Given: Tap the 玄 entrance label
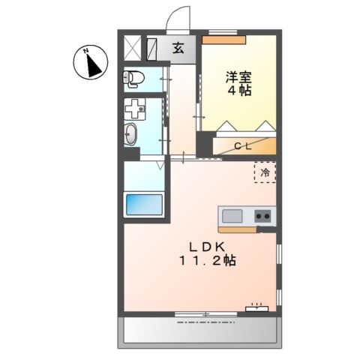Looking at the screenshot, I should [179, 49].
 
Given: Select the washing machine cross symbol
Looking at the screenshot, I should [134, 109].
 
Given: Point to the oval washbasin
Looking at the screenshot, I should [131, 135].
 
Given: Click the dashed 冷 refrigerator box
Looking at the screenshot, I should [265, 172].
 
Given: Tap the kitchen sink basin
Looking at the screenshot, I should [232, 216].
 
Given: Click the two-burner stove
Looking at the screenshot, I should [262, 216].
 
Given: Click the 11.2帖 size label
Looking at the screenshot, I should [208, 262].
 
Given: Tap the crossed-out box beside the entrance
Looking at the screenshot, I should [132, 48].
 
